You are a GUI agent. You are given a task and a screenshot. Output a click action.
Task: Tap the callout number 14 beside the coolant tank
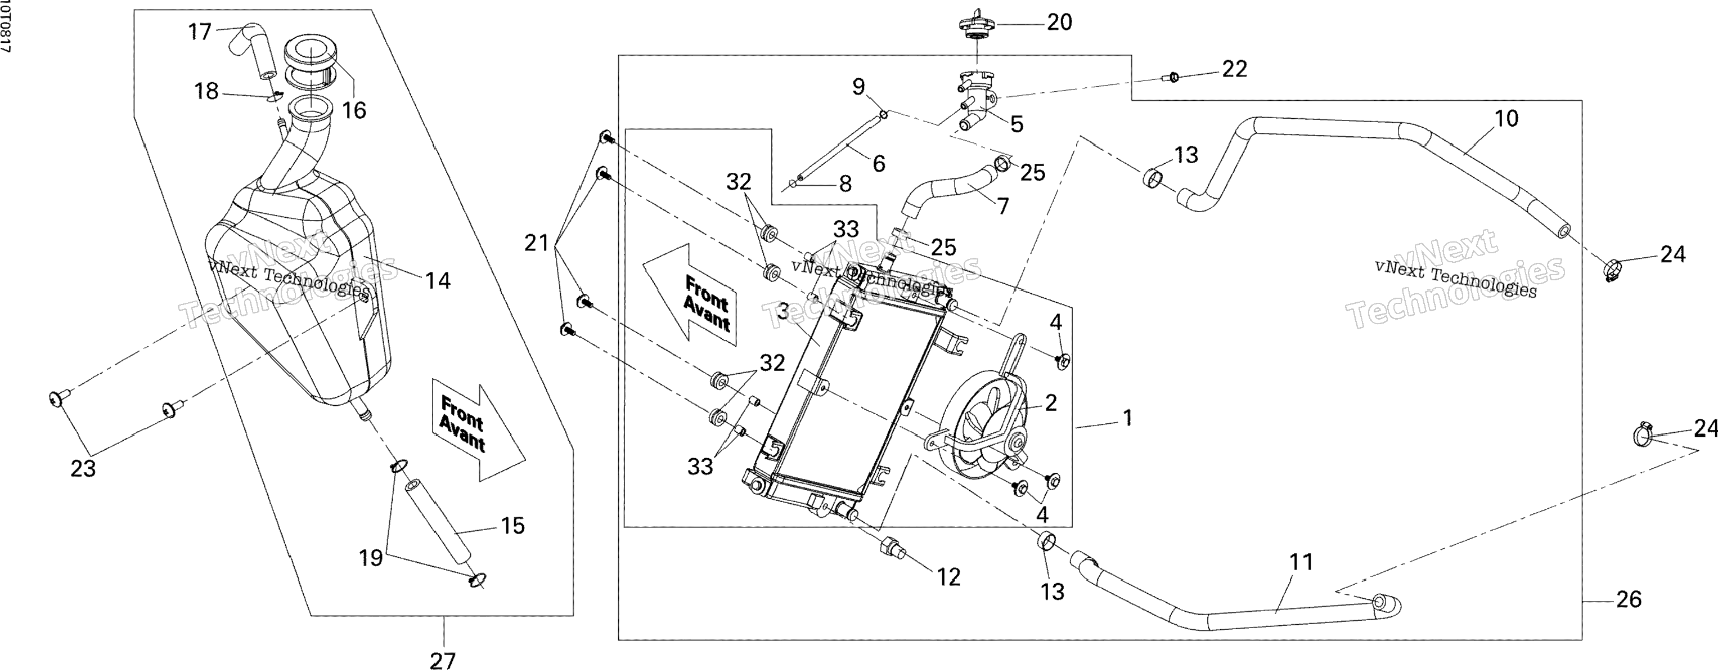438,281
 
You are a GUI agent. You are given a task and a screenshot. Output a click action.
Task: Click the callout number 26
1629,599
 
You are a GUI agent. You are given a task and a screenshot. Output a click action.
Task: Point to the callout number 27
442,661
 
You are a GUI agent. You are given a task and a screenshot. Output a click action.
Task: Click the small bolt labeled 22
1173,78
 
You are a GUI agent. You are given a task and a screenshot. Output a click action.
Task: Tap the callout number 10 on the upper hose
1506,118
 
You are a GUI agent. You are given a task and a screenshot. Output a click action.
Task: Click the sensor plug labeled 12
892,545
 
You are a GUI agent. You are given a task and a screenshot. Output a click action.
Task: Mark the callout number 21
537,243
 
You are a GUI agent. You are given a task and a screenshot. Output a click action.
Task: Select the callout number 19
371,557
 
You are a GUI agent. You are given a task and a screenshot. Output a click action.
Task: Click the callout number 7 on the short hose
1002,206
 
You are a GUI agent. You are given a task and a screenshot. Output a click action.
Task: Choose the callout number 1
1127,418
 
